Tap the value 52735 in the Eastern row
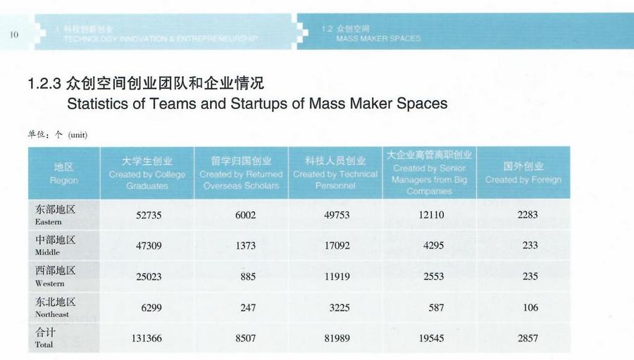click(x=149, y=215)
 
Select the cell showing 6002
click(x=246, y=215)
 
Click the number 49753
click(x=337, y=215)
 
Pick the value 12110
click(x=431, y=215)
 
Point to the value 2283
click(x=528, y=215)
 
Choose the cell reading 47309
click(x=149, y=246)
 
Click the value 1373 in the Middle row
click(x=246, y=246)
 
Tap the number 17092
click(x=337, y=246)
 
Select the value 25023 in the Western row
click(x=149, y=277)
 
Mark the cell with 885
click(x=248, y=277)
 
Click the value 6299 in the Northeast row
click(x=149, y=308)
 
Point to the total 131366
click(x=147, y=339)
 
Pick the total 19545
click(x=431, y=339)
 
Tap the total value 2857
click(x=528, y=339)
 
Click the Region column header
click(x=64, y=173)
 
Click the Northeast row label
click(x=55, y=308)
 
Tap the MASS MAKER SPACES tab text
click(x=378, y=39)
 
